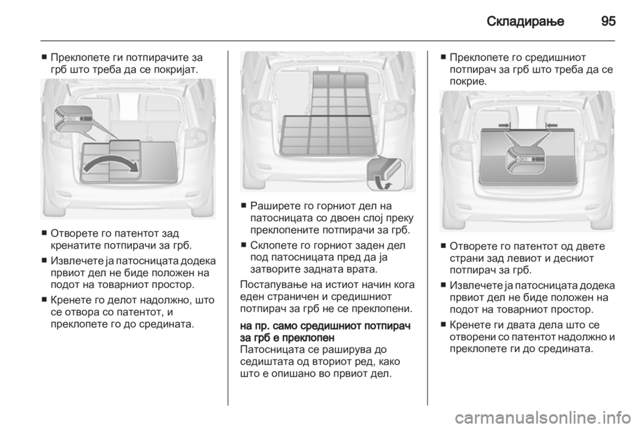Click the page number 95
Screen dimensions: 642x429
coord(609,21)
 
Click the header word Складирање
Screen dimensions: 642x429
coord(526,21)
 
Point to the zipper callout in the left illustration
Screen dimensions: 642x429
coord(74,118)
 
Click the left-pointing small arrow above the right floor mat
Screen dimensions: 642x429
coord(552,124)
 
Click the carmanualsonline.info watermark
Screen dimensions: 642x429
coord(546,418)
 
